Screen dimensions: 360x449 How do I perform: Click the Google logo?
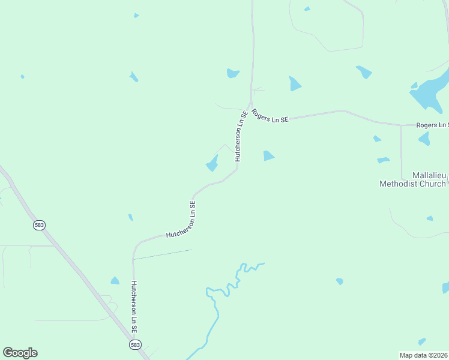20,353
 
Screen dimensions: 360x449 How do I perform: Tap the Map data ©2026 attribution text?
423,355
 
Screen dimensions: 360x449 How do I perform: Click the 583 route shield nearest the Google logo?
40,224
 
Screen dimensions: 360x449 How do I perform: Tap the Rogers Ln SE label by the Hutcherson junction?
270,116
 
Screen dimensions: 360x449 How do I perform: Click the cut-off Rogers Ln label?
432,125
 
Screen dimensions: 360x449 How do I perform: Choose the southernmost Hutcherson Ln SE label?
134,307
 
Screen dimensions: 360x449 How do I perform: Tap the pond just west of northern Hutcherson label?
212,163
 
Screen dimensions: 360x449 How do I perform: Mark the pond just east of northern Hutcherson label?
268,156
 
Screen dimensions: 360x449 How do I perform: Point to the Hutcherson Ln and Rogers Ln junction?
250,103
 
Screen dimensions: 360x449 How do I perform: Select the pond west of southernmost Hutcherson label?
115,280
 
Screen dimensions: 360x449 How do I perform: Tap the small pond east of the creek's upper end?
340,281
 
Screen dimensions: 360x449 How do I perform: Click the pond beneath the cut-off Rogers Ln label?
425,139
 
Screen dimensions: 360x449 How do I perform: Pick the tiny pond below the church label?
429,218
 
